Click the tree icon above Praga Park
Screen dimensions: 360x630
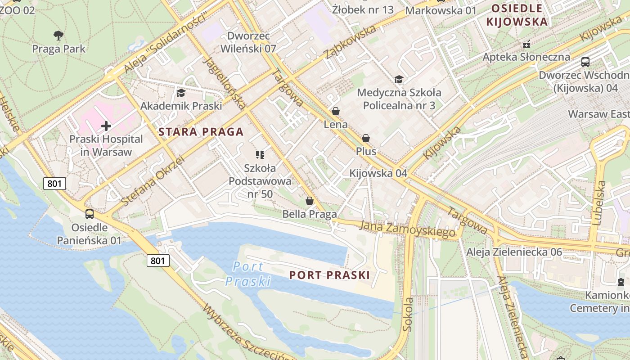click(x=58, y=35)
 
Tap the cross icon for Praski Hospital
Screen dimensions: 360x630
click(x=106, y=126)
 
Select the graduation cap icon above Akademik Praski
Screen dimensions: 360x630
click(x=181, y=93)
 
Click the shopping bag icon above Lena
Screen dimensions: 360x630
click(x=336, y=111)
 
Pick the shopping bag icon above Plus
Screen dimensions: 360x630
click(x=366, y=138)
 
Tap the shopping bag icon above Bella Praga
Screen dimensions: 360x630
click(x=309, y=201)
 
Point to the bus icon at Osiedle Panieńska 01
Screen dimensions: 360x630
click(x=90, y=214)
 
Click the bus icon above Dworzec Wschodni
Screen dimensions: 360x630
click(x=585, y=62)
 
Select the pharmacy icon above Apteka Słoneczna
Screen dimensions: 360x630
click(x=526, y=44)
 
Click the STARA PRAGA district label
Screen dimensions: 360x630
click(x=201, y=132)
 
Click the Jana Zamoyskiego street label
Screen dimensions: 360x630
click(x=408, y=229)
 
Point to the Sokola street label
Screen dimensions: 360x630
click(x=408, y=314)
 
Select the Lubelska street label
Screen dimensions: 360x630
click(x=598, y=202)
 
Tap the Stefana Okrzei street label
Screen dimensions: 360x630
click(x=153, y=181)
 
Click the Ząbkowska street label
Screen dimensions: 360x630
click(x=350, y=42)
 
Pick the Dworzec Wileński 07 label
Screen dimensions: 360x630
click(x=248, y=42)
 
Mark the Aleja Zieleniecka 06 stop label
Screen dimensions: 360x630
click(x=514, y=252)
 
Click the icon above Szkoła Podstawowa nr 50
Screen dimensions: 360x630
click(x=260, y=155)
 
